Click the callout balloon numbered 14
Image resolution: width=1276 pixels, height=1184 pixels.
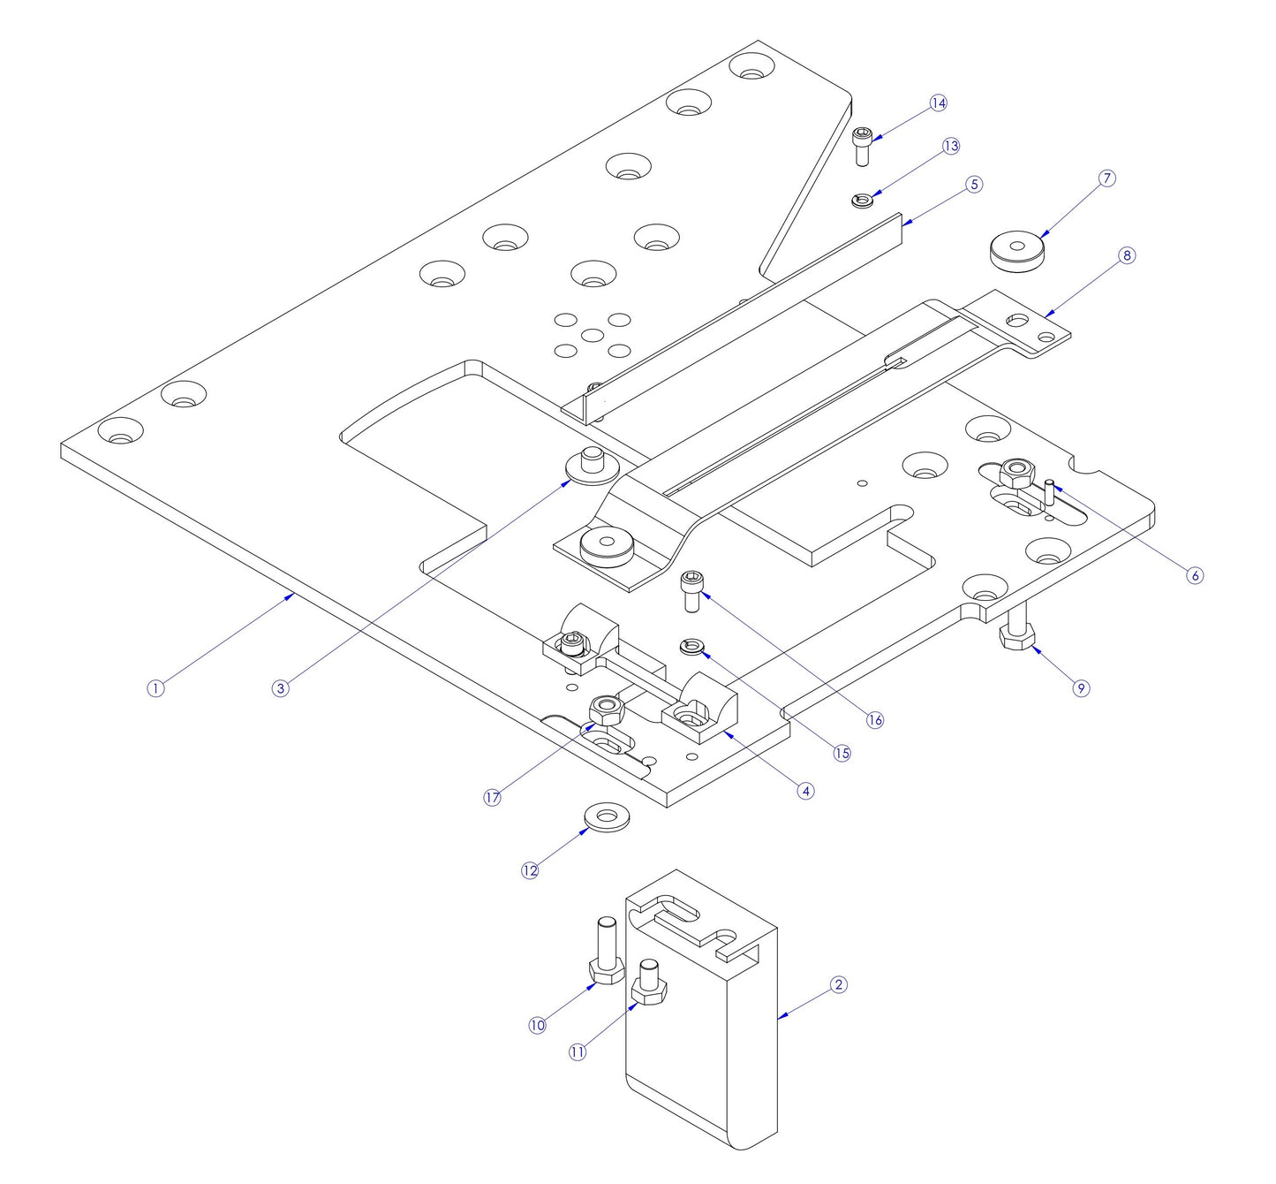pyautogui.click(x=939, y=103)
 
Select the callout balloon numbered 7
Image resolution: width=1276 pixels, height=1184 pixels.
pyautogui.click(x=1107, y=178)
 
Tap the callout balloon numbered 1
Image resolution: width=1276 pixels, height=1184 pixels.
pyautogui.click(x=155, y=688)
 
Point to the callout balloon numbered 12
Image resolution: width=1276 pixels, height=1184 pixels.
pyautogui.click(x=530, y=870)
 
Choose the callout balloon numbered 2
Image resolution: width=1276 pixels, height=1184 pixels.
pyautogui.click(x=839, y=984)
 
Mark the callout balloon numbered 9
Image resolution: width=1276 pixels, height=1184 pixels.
pyautogui.click(x=1082, y=688)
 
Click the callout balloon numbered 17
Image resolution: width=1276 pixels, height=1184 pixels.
pyautogui.click(x=493, y=798)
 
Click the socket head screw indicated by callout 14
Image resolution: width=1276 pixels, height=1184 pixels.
pyautogui.click(x=863, y=146)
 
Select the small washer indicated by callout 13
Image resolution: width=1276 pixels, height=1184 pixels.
pyautogui.click(x=863, y=201)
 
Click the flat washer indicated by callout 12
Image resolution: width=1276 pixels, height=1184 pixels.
pyautogui.click(x=607, y=817)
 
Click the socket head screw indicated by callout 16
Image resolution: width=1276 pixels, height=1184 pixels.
pyautogui.click(x=691, y=591)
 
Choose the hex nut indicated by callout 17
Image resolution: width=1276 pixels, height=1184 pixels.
pyautogui.click(x=607, y=708)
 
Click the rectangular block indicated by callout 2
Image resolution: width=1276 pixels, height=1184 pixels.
pyautogui.click(x=706, y=1043)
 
